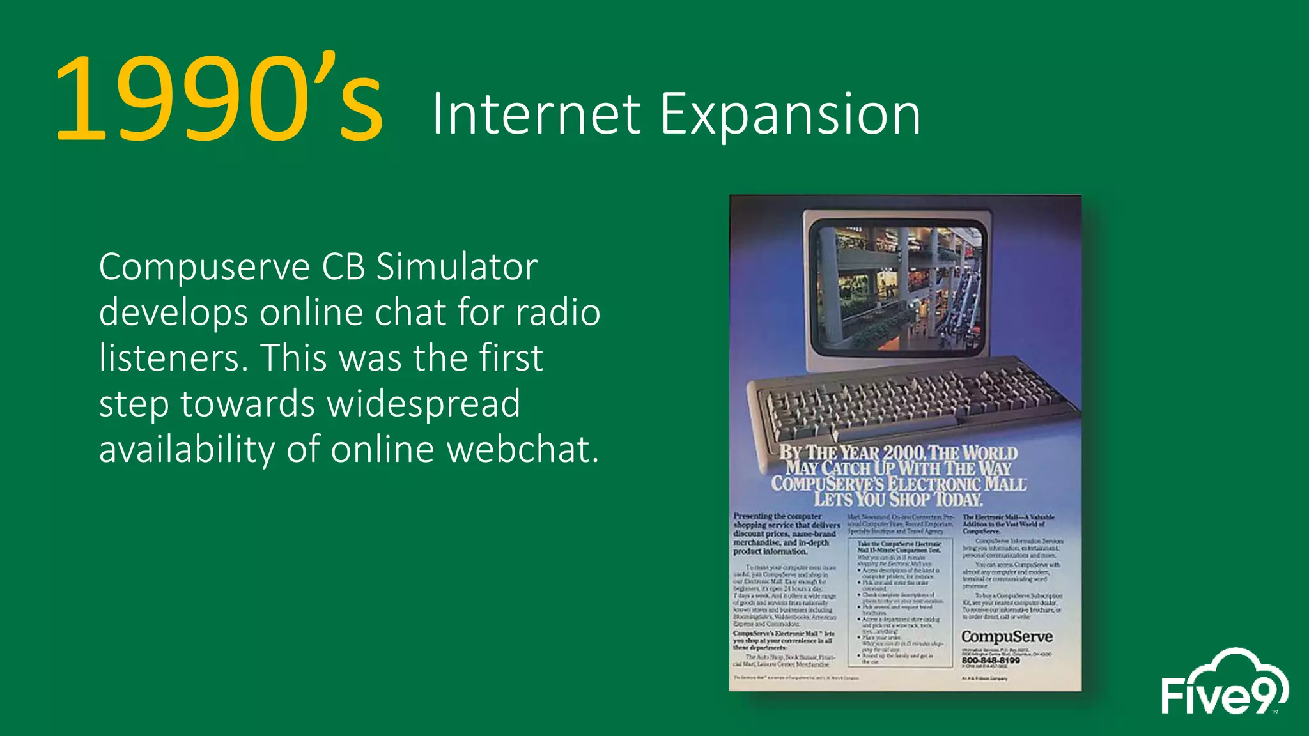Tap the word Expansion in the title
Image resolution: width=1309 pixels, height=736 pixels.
point(790,115)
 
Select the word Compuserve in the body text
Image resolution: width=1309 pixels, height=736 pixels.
point(204,266)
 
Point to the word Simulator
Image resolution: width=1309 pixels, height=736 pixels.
point(456,266)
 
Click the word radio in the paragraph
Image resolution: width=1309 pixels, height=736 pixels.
point(557,312)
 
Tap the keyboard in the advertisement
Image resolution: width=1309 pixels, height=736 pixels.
point(908,402)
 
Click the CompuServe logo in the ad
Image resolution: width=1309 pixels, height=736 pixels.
point(1007,636)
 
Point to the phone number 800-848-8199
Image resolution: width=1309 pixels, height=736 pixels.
point(990,661)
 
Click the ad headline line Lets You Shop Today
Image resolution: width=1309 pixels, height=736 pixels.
point(898,499)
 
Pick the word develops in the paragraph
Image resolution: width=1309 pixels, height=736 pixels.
point(173,312)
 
